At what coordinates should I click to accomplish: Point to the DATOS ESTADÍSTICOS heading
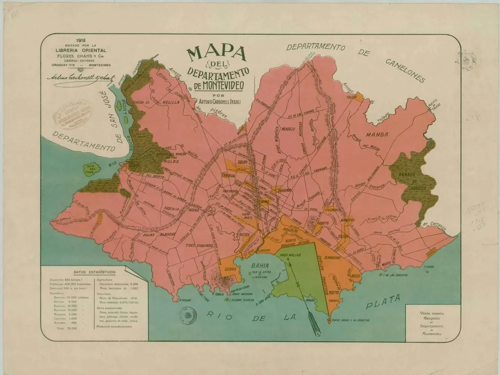94,272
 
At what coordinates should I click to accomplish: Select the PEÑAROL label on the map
282,190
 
